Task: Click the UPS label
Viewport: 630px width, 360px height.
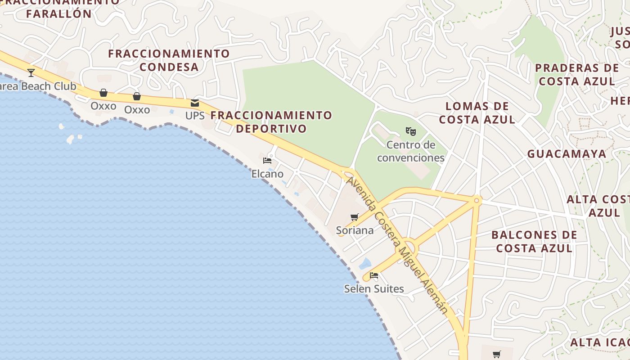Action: pos(195,116)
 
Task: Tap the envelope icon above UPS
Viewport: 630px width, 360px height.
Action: pos(195,103)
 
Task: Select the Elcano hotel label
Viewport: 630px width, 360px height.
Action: pos(267,174)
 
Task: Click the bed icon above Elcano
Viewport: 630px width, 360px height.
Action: pos(267,161)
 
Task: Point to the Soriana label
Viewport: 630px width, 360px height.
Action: pos(355,230)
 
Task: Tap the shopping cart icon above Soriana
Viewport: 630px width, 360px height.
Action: pos(355,217)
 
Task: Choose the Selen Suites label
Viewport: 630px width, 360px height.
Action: pos(374,288)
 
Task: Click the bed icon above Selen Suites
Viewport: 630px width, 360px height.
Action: pos(374,275)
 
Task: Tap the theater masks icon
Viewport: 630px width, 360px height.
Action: pos(410,131)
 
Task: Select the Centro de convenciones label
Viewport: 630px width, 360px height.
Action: pos(411,151)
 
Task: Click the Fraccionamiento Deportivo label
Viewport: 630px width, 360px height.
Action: pos(271,122)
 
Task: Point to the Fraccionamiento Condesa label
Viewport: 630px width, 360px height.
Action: pos(169,60)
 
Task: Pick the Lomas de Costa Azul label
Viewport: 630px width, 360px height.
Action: pos(477,113)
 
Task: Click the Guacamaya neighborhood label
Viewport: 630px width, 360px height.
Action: pos(567,154)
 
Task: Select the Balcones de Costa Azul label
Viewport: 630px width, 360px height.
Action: pos(534,242)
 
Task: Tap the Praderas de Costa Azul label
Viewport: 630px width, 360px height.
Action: pos(577,75)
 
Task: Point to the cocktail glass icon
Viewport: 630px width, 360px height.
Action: pos(31,72)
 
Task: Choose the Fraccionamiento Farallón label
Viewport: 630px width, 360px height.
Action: pos(59,8)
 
